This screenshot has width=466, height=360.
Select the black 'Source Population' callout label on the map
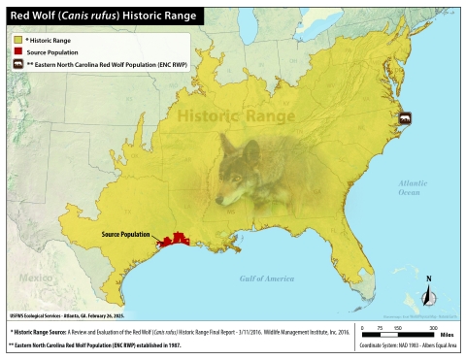(x=127, y=235)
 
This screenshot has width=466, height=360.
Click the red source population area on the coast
(x=176, y=240)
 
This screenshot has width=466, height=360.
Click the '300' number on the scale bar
(x=424, y=327)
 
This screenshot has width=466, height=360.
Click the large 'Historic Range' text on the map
(x=238, y=115)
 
